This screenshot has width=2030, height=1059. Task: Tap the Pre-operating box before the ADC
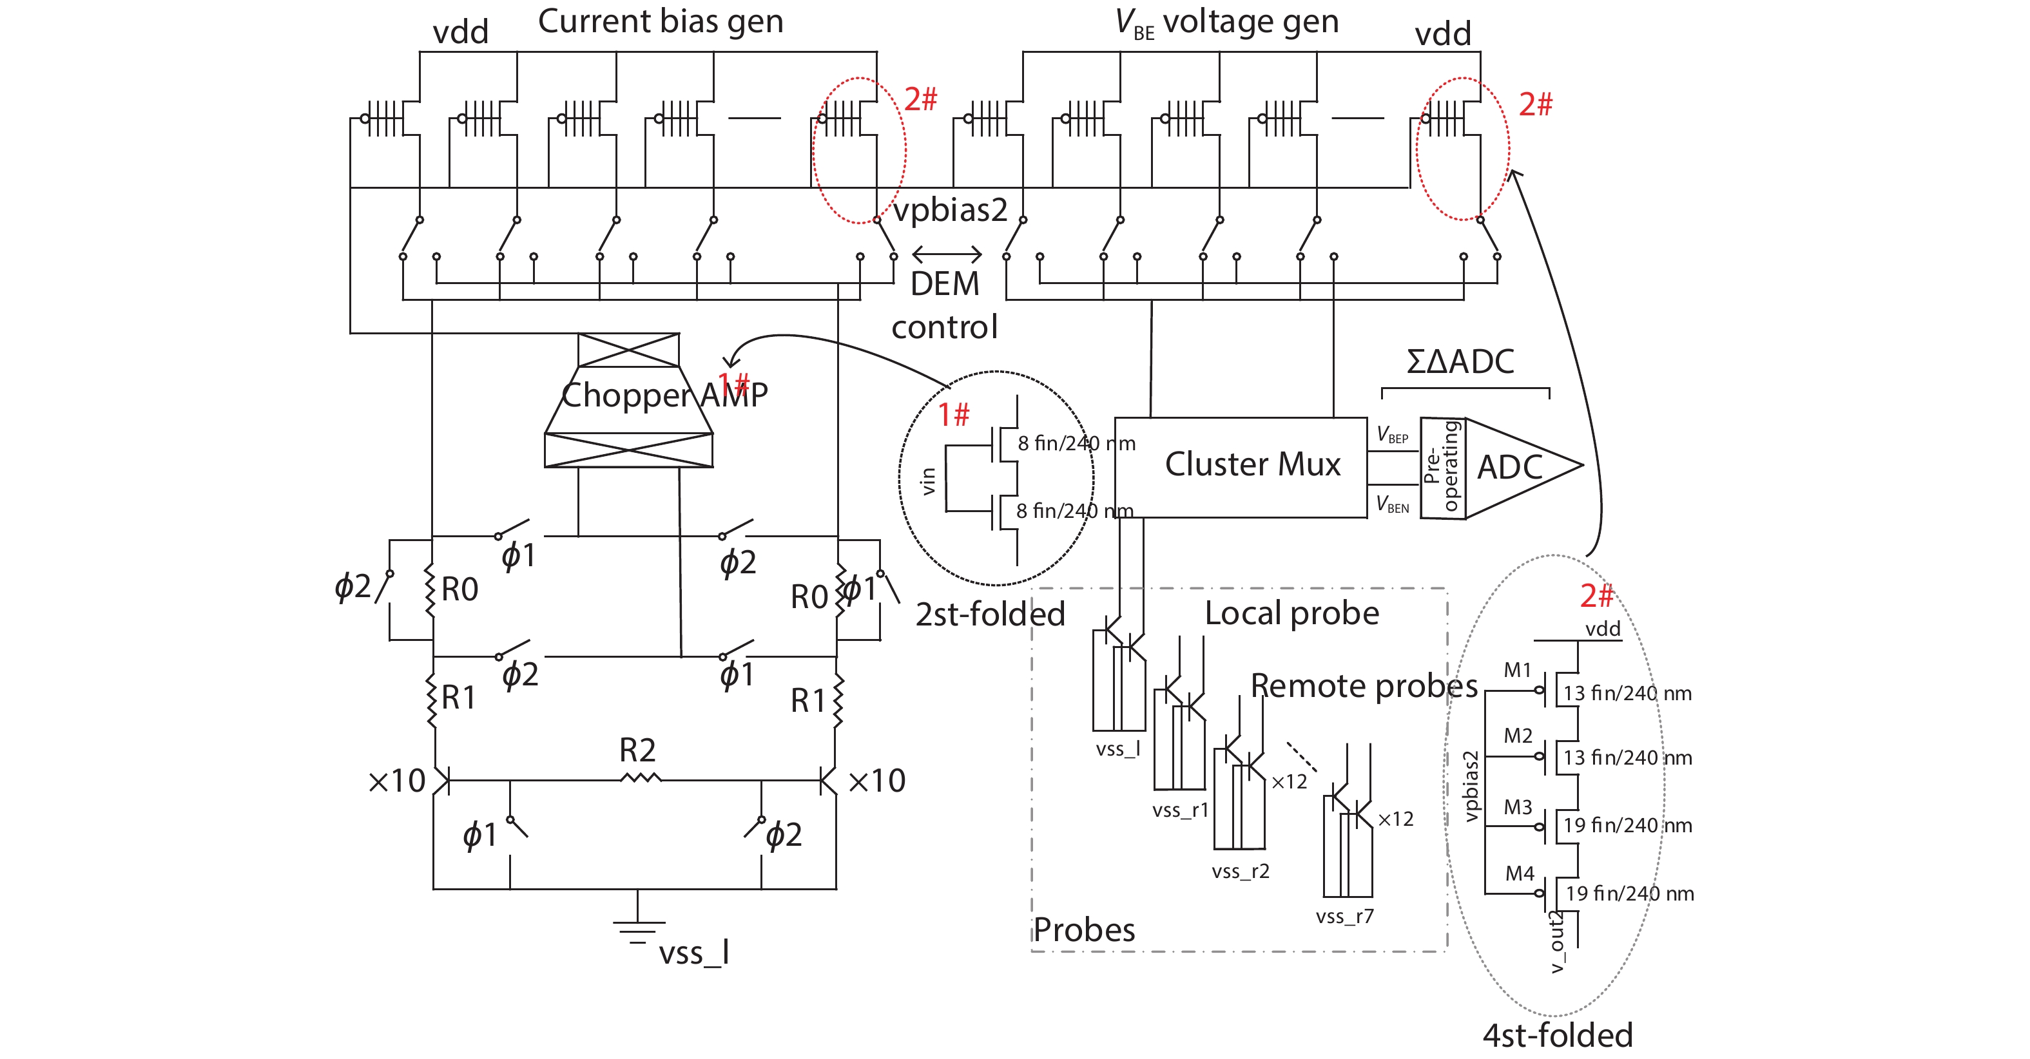tap(1443, 468)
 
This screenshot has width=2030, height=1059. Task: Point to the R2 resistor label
tap(637, 750)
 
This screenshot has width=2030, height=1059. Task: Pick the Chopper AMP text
tap(664, 395)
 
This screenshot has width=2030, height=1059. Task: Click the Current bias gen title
tap(661, 21)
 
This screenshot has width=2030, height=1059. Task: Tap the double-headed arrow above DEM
tap(947, 254)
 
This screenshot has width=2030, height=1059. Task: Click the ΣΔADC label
tap(1460, 361)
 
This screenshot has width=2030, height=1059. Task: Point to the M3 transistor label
tap(1517, 808)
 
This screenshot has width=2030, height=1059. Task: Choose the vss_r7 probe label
tap(1344, 917)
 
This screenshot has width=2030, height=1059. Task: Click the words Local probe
tap(1291, 614)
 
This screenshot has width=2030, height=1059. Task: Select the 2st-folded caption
tap(990, 615)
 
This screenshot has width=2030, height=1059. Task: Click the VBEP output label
tap(1393, 435)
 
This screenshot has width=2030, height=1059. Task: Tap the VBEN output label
tap(1393, 504)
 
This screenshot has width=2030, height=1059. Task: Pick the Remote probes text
tap(1363, 686)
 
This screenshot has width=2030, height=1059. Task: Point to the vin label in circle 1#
tap(928, 481)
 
